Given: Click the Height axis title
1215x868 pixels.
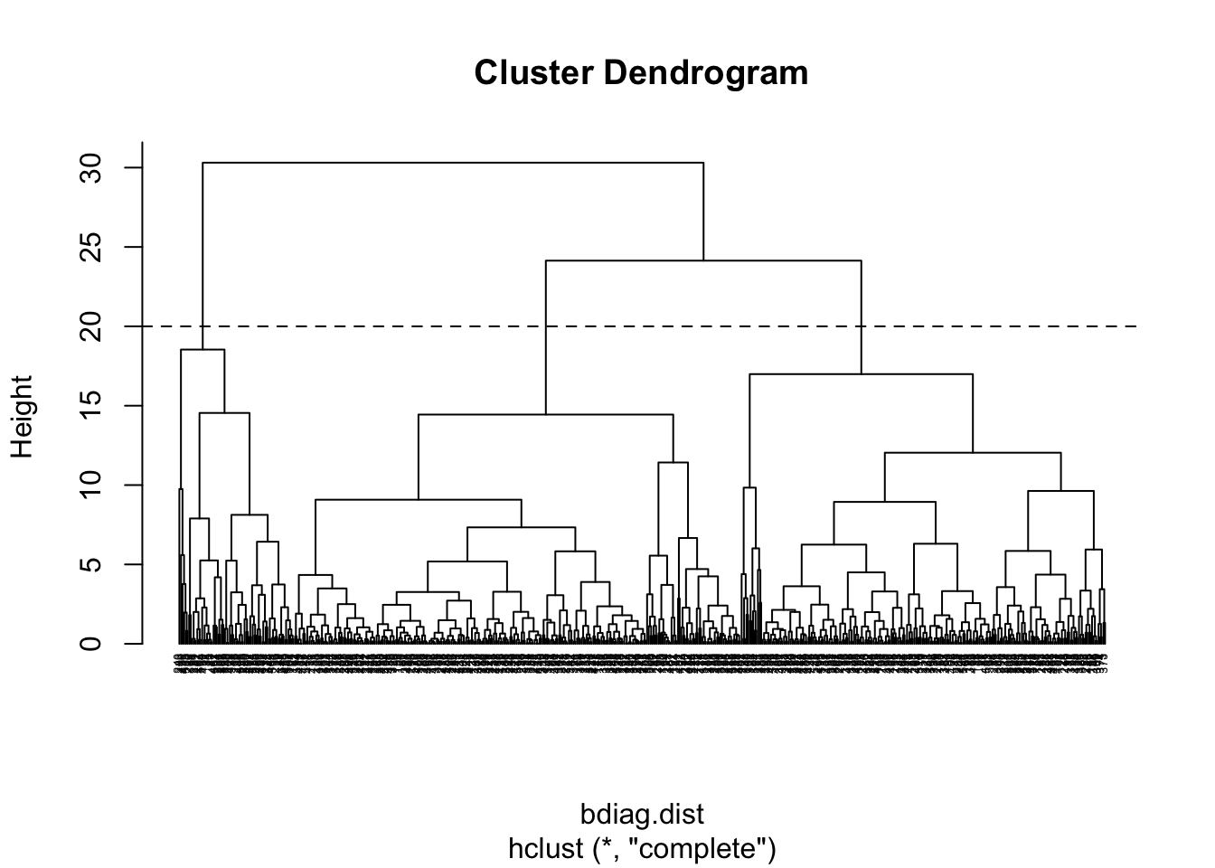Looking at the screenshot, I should pyautogui.click(x=22, y=417).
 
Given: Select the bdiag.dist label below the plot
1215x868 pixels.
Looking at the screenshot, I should pyautogui.click(x=642, y=815).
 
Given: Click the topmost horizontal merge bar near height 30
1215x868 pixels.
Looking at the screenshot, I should pyautogui.click(x=452, y=163).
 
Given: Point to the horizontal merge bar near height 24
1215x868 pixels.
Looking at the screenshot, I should pyautogui.click(x=703, y=260).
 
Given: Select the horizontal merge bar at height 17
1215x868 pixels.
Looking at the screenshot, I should pyautogui.click(x=861, y=373).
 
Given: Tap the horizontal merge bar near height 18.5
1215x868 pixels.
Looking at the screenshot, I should pyautogui.click(x=202, y=350).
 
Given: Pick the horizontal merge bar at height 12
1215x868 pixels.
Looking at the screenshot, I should pyautogui.click(x=973, y=452).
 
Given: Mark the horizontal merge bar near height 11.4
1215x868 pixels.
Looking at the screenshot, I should pyautogui.click(x=673, y=463).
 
